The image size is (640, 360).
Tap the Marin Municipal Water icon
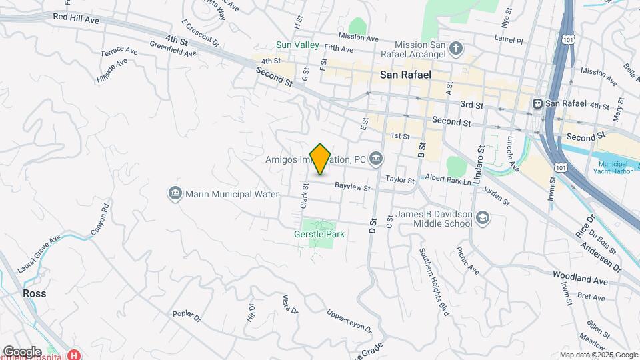(175, 193)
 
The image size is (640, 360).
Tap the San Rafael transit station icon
(537, 103)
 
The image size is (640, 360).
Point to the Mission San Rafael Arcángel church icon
(456, 48)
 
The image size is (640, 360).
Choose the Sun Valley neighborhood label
(294, 45)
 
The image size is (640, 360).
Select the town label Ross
(33, 293)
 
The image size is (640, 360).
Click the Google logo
(21, 351)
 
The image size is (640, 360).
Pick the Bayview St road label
(352, 187)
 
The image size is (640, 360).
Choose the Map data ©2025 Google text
(598, 355)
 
